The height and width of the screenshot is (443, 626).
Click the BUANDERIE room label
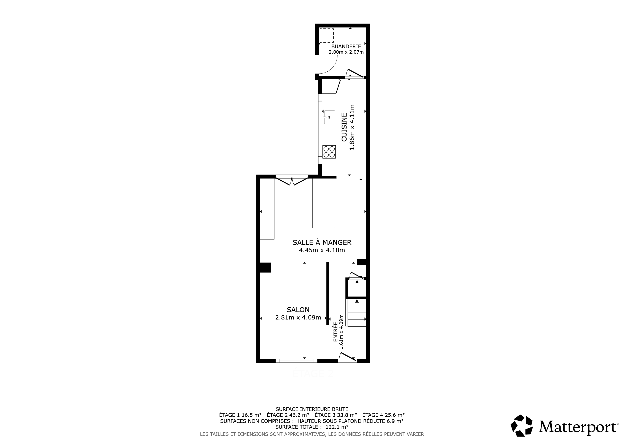click(346, 47)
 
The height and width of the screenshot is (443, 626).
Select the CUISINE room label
click(344, 127)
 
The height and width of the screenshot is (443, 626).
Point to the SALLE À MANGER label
click(322, 242)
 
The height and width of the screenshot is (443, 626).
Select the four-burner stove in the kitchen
click(329, 152)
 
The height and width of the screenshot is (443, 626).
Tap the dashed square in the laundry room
click(327, 35)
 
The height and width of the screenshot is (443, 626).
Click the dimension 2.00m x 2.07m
click(346, 52)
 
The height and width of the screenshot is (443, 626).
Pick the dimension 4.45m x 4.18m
click(322, 250)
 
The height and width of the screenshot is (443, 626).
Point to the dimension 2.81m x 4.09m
click(298, 318)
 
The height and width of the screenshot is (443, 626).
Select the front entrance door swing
click(347, 357)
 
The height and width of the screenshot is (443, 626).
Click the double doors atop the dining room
click(292, 181)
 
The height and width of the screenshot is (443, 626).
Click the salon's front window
click(297, 361)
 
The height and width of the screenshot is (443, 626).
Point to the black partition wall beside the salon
click(328, 294)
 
